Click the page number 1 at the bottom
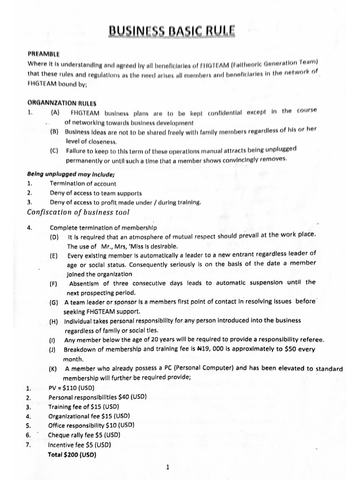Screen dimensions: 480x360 pos(168,467)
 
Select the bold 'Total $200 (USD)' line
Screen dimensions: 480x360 pos(72,455)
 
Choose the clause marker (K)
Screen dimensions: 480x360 pos(53,369)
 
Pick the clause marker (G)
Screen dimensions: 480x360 pos(53,303)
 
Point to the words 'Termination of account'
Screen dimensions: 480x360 pos(83,184)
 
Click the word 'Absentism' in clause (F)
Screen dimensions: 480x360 pos(84,283)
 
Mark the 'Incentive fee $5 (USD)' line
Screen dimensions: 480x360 pos(80,444)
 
